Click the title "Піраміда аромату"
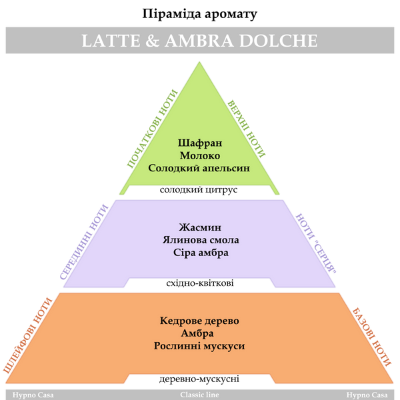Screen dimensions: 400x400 [199, 14]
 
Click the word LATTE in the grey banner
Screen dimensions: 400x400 [111, 41]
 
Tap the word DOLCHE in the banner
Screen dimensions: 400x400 [278, 41]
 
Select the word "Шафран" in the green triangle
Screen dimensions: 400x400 [200, 143]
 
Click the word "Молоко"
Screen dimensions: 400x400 [200, 155]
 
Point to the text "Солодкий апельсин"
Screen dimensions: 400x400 [199, 168]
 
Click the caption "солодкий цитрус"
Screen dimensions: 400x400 [199, 190]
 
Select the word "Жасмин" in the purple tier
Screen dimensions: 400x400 [200, 227]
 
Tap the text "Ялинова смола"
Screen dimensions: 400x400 [201, 240]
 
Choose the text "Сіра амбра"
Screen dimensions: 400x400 [201, 253]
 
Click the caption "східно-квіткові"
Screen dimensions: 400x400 [200, 283]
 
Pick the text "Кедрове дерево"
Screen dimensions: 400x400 [199, 321]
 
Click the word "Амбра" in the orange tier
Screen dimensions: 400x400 [197, 333]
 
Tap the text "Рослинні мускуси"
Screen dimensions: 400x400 [199, 346]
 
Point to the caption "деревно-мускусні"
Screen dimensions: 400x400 [199, 379]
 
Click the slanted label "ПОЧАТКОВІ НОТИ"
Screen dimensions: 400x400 [152, 129]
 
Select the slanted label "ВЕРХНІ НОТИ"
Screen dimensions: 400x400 [247, 129]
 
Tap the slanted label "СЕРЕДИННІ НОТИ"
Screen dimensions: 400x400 [84, 241]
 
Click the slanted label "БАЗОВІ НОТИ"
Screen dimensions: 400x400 [372, 337]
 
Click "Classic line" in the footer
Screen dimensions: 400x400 [199, 395]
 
